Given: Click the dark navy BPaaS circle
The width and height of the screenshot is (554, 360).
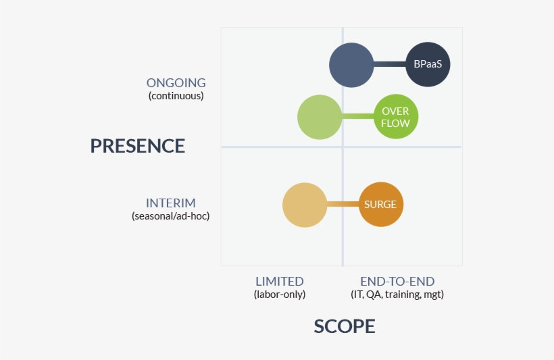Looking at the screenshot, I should point(428,65).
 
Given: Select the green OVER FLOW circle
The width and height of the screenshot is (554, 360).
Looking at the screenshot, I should point(396,117).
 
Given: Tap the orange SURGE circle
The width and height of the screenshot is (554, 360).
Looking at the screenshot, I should point(380,205).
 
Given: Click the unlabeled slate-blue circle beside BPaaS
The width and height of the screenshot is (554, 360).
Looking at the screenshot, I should point(351,65).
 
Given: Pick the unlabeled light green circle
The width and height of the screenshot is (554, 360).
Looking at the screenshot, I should point(319,117).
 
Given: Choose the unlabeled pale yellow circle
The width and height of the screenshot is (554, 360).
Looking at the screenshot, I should point(305,205).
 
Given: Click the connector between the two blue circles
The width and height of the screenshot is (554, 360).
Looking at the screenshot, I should point(389,65).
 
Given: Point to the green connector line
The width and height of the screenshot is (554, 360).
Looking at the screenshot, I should point(357,117).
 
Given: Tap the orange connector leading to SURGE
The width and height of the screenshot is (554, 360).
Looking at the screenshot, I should point(343,205).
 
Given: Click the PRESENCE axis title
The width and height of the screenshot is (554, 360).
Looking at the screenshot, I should point(138,146).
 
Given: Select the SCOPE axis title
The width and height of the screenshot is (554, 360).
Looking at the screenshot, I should point(344,326).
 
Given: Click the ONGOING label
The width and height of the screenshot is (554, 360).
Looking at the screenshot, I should point(176,83).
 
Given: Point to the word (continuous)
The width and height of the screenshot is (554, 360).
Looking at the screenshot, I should point(176,96).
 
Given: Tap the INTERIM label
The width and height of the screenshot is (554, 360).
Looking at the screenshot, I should point(171,203).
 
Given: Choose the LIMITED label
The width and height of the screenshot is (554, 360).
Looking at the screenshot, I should point(280,282).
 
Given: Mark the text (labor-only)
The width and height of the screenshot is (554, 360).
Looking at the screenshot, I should point(280,294).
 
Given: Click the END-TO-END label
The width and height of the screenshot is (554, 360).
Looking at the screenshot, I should point(397,282).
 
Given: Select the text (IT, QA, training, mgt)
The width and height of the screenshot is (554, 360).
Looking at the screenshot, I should point(397,294).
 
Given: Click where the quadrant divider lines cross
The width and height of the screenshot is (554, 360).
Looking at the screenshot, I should point(343,147).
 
